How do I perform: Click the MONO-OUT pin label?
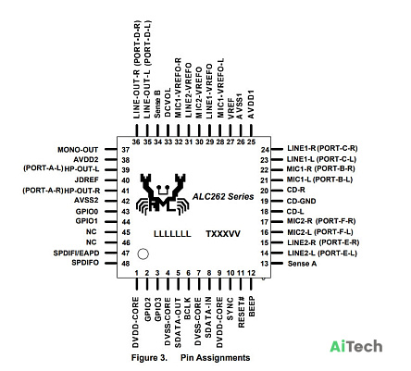pyautogui.click(x=78, y=150)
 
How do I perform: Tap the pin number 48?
pyautogui.click(x=126, y=264)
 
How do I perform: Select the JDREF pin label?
pyautogui.click(x=87, y=180)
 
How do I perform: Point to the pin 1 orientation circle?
pyautogui.click(x=143, y=254)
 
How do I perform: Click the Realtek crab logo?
pyautogui.click(x=163, y=194)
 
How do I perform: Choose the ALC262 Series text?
pyautogui.click(x=223, y=197)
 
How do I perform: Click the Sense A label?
pyautogui.click(x=302, y=264)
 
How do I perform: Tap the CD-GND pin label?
pyautogui.click(x=302, y=201)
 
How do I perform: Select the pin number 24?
pyautogui.click(x=265, y=150)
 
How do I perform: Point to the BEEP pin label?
pyautogui.click(x=252, y=306)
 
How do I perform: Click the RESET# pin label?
pyautogui.click(x=242, y=312)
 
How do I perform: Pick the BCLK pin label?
pyautogui.click(x=187, y=308)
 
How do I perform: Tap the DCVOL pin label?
pyautogui.click(x=168, y=103)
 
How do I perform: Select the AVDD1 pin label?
pyautogui.click(x=251, y=105)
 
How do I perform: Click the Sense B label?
pyautogui.click(x=157, y=104)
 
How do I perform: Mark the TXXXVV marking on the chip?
pyautogui.click(x=223, y=234)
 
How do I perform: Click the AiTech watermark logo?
pyautogui.click(x=356, y=346)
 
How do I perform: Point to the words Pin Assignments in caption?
pyautogui.click(x=216, y=358)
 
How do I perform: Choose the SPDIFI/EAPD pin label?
pyautogui.click(x=76, y=254)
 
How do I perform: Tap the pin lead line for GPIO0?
pyautogui.click(x=110, y=212)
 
